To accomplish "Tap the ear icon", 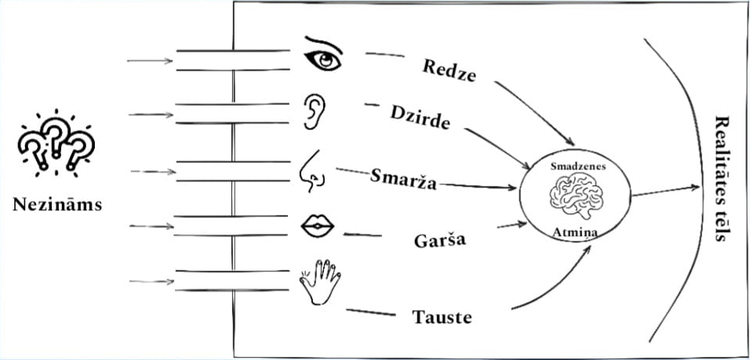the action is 315,111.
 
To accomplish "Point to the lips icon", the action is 317,226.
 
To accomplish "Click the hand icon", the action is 320,282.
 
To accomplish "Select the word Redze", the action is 450,71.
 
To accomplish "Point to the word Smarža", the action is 403,180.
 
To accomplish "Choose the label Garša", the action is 439,241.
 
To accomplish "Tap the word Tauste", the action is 442,318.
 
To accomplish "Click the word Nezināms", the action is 57,205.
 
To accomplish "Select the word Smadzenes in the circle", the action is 578,166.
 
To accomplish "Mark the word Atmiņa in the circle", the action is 576,233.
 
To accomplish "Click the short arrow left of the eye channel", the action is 150,60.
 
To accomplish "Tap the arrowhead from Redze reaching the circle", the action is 570,141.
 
